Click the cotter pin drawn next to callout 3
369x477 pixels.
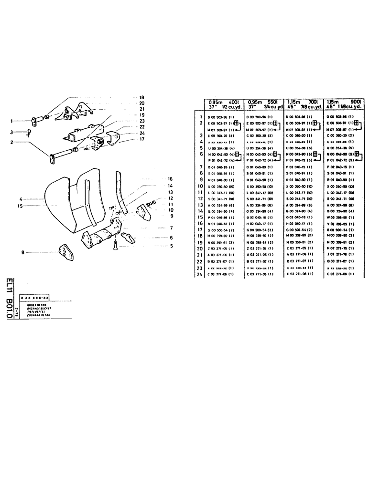(28, 133)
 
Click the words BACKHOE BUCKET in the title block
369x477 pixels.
(33, 309)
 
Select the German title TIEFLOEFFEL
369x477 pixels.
(32, 312)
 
